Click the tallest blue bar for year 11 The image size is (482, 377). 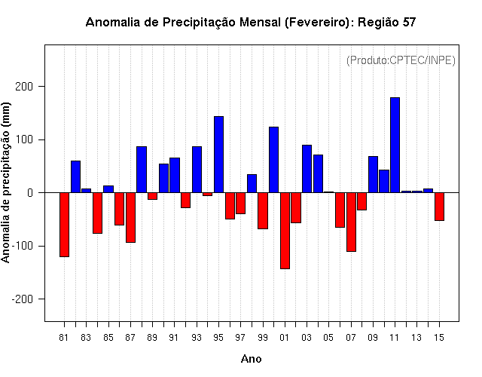[x=395, y=145]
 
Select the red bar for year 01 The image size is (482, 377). [x=285, y=231]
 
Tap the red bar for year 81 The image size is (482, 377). [x=64, y=225]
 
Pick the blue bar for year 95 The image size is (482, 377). [x=218, y=155]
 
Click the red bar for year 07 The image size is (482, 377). [x=351, y=222]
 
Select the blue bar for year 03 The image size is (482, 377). [x=307, y=169]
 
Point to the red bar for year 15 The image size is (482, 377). [x=439, y=207]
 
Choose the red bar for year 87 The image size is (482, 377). [x=130, y=218]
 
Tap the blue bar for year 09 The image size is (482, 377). [x=373, y=174]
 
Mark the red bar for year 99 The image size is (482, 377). [x=263, y=211]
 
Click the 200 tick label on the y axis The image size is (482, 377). [x=24, y=87]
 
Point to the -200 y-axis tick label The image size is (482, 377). [x=22, y=299]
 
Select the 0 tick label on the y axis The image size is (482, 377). [x=30, y=193]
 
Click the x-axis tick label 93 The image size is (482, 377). [x=197, y=338]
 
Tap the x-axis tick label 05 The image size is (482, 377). [x=328, y=338]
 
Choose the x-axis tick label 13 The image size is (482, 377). [x=416, y=338]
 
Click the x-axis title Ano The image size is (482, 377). [x=251, y=359]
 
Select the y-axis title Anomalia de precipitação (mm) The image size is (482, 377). [x=5, y=182]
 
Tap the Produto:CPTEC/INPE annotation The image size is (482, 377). [x=401, y=60]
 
